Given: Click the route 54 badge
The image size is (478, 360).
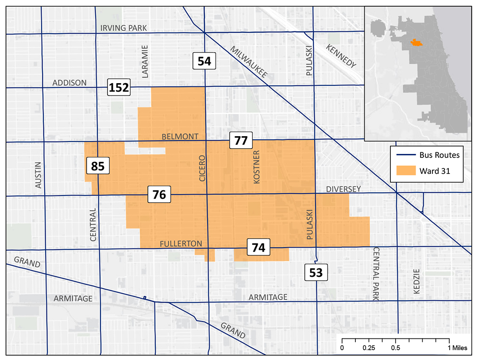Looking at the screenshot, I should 204,61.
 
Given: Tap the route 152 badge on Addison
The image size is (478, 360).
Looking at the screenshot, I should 119,87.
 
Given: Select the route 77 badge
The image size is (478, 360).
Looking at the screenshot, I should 241,141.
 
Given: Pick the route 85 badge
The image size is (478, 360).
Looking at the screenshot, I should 97,166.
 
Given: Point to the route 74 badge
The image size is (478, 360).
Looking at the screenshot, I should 258,248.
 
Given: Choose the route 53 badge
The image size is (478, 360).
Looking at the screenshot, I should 316,272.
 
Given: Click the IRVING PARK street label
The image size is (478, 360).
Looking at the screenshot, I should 123,28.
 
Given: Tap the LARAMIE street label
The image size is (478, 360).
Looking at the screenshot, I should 144,61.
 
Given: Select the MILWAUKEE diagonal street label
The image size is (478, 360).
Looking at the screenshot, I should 248,61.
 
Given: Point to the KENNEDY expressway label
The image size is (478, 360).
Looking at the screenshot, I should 341,56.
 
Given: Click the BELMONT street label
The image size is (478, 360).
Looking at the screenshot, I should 180,136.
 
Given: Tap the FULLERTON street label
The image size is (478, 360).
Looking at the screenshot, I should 181,244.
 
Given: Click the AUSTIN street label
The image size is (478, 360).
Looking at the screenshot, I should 38,175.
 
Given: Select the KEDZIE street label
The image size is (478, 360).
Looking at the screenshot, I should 416,283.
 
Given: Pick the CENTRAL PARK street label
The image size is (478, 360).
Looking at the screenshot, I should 376,274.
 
